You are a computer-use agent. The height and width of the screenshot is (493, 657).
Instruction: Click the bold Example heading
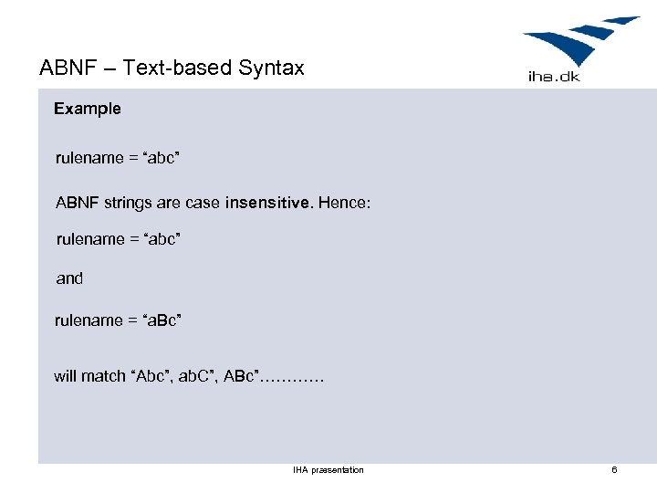87,109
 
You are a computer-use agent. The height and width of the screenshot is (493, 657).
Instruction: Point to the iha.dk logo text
554,77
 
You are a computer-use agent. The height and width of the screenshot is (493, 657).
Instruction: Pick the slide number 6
614,470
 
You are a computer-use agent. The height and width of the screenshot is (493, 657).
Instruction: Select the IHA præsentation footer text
328,470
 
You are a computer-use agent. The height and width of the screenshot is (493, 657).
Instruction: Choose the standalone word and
69,278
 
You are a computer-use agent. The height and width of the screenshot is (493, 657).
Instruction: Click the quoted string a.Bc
158,320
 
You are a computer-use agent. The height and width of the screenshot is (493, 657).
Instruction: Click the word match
107,376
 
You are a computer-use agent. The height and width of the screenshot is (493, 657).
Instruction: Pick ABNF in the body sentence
77,203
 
